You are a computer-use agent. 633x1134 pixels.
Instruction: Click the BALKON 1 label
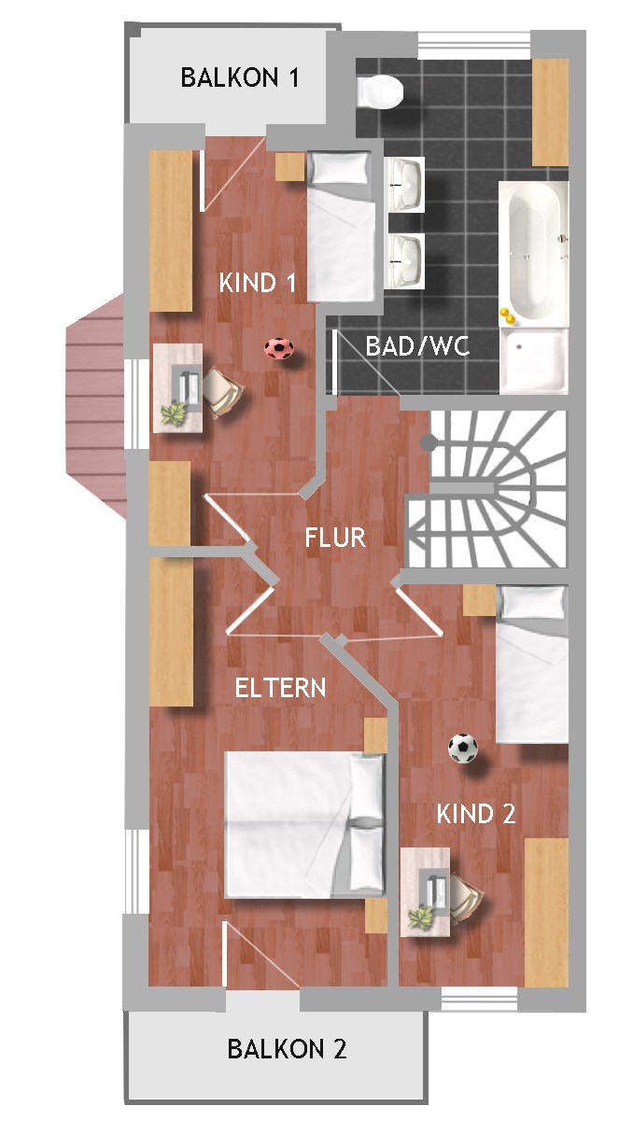[x=240, y=77]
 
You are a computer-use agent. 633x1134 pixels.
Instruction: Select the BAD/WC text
[x=417, y=346]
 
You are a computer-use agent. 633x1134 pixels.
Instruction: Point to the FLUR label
[x=335, y=537]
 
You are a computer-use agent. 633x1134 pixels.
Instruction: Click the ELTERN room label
[x=280, y=688]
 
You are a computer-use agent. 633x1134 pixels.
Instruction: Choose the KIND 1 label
[x=258, y=283]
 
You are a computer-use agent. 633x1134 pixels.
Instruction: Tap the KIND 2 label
[x=476, y=814]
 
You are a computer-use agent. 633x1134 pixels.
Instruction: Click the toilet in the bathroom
[x=380, y=91]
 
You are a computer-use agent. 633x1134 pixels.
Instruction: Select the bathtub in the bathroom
[x=534, y=253]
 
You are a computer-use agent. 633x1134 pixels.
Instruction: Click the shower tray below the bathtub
[x=534, y=360]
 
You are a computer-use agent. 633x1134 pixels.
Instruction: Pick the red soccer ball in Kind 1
[x=279, y=348]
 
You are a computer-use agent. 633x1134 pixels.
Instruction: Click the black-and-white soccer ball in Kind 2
[x=463, y=749]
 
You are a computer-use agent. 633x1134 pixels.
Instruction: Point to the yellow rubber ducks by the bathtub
[x=507, y=315]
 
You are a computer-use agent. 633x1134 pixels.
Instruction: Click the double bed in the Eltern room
[x=304, y=825]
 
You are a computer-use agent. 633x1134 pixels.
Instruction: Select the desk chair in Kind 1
[x=221, y=391]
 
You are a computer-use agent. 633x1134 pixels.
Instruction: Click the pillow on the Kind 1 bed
[x=339, y=168]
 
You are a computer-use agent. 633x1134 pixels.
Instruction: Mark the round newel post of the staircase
[x=429, y=443]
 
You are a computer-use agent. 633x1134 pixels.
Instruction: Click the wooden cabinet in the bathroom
[x=551, y=112]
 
